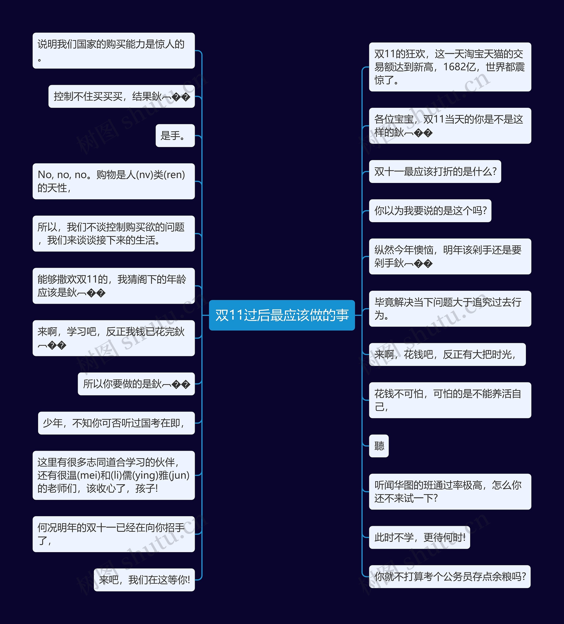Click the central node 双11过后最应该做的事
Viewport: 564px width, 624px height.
282,315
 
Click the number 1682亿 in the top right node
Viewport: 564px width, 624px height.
459,67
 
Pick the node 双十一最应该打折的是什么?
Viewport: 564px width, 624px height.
435,171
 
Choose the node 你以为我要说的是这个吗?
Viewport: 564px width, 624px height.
430,211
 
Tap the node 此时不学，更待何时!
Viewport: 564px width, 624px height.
419,537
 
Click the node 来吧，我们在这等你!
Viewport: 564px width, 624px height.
144,580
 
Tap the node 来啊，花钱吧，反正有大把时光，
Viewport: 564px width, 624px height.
447,354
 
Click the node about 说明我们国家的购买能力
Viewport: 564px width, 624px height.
113,50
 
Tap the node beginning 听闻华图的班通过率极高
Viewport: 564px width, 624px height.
450,492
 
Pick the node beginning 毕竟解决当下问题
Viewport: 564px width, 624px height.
450,309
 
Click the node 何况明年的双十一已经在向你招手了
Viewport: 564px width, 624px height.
113,534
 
